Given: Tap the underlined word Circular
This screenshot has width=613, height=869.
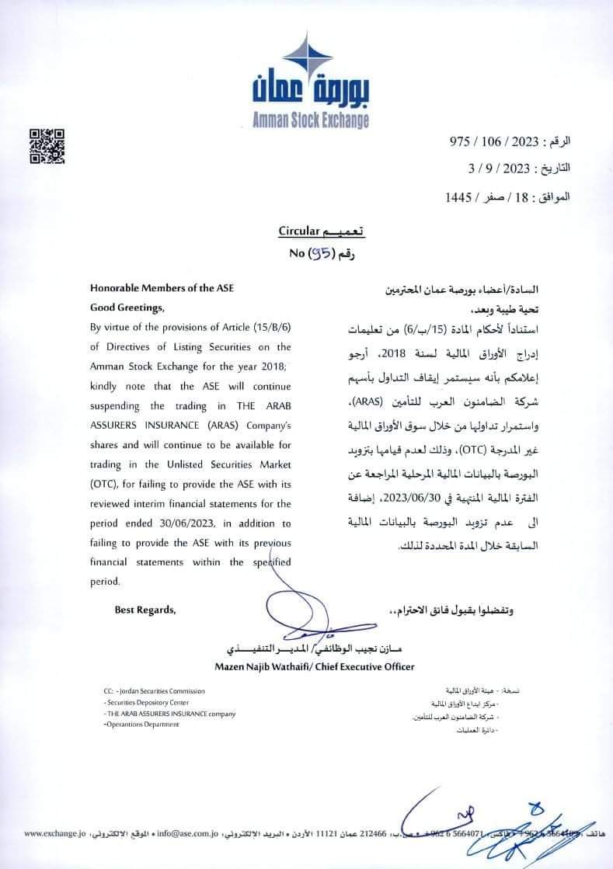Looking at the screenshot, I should tap(298, 231).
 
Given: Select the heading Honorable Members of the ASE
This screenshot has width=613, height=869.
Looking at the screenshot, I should tap(162, 288).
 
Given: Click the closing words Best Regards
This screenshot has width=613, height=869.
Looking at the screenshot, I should tap(145, 610).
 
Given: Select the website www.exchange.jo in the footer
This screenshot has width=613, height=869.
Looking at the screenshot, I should tap(54, 833).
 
